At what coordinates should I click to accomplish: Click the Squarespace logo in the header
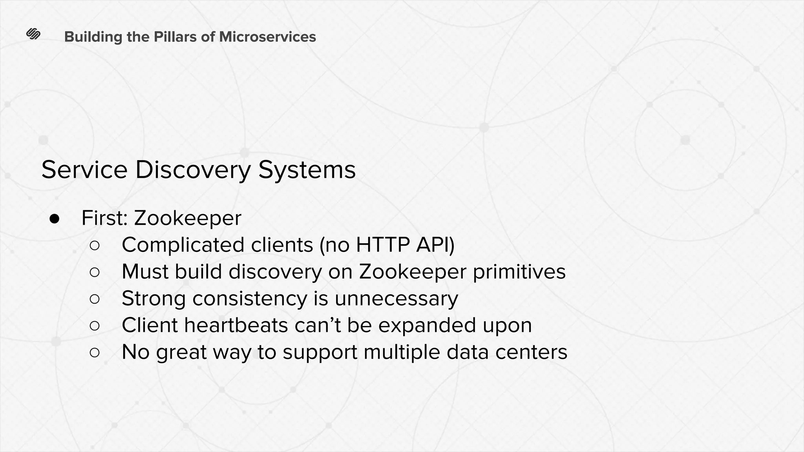coord(33,35)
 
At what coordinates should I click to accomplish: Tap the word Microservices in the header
coord(267,37)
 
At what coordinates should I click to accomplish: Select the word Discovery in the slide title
coord(193,170)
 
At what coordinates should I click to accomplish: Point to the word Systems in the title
coord(307,171)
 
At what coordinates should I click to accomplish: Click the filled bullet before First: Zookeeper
coord(54,219)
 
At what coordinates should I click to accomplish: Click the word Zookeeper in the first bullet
coord(188,218)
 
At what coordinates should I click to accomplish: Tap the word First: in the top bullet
coord(104,218)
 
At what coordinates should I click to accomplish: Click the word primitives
coord(519,272)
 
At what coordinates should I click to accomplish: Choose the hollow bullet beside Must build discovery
coord(95,272)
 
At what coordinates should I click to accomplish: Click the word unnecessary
coord(396,299)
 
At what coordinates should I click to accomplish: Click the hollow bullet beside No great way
coord(95,352)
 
